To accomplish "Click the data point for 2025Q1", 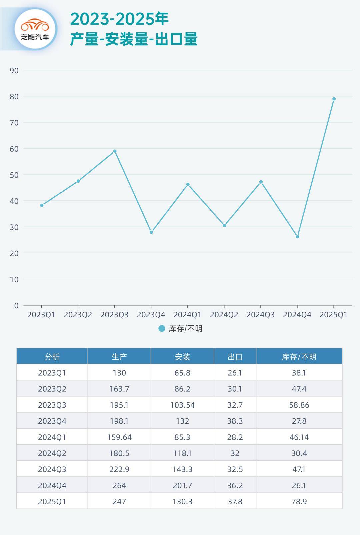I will (334, 99).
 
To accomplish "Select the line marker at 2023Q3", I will (115, 151).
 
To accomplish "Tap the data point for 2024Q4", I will (297, 237).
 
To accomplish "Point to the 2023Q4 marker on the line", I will (151, 232).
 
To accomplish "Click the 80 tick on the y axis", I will (14, 97).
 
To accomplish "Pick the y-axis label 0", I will (16, 306).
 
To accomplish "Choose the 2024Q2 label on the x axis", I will (224, 315).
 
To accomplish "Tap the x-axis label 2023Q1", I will (41, 315).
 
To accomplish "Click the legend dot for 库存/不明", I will (162, 329).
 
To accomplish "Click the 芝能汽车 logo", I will (35, 29).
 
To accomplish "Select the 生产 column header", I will (119, 357).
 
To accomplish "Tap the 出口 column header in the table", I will (235, 357).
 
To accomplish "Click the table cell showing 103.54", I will (182, 405).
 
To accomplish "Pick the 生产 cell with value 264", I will (119, 485).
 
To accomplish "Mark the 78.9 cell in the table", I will (299, 501).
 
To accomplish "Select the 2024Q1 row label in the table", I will (52, 437).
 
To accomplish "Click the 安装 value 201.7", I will (182, 485).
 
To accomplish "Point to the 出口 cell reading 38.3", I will (235, 421).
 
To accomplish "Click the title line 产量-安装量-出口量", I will (134, 39).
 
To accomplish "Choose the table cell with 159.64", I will (119, 437).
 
